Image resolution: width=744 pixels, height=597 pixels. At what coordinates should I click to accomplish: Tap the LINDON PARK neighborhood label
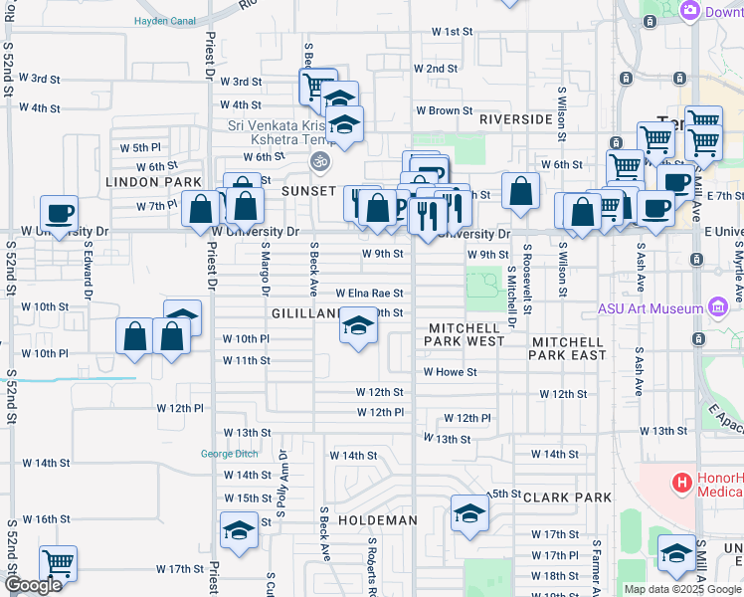pyautogui.click(x=140, y=183)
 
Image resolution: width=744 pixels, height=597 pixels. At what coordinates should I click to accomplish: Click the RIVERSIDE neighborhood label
pyautogui.click(x=515, y=119)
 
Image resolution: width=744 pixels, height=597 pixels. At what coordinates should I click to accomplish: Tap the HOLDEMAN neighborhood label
pyautogui.click(x=376, y=520)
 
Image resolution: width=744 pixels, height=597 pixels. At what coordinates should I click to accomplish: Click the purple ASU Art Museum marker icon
pyautogui.click(x=716, y=307)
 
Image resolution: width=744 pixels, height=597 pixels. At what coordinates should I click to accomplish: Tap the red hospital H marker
pyautogui.click(x=682, y=484)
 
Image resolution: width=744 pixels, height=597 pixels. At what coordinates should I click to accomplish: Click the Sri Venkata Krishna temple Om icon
pyautogui.click(x=319, y=159)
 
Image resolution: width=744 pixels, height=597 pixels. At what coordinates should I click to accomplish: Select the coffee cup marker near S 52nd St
pyautogui.click(x=60, y=212)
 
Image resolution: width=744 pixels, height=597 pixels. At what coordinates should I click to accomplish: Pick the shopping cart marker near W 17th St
pyautogui.click(x=59, y=563)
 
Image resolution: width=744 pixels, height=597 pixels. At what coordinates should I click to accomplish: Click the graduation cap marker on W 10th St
pyautogui.click(x=358, y=326)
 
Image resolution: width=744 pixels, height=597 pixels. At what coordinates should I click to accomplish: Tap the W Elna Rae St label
pyautogui.click(x=370, y=294)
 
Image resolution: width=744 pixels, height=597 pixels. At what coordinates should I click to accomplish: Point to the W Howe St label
pyautogui.click(x=451, y=372)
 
